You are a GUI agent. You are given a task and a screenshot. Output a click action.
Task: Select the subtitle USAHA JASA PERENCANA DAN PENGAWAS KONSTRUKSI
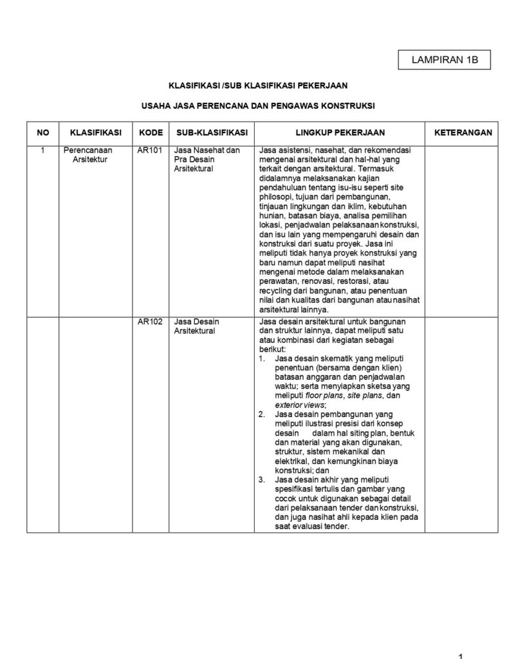click(x=258, y=104)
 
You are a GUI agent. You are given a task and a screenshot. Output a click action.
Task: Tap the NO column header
click(x=43, y=133)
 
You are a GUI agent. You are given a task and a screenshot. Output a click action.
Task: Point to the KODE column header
click(x=151, y=133)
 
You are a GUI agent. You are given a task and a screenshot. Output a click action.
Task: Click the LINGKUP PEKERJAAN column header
click(x=340, y=133)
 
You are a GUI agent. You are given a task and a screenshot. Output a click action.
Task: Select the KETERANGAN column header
click(x=463, y=133)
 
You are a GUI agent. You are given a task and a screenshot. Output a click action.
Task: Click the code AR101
click(x=149, y=151)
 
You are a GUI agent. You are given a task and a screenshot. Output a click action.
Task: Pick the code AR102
click(x=149, y=322)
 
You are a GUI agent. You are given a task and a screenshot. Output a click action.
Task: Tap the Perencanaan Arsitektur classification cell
click(x=89, y=155)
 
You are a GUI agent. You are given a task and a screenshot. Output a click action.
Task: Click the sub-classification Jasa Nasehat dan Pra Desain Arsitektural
click(x=207, y=160)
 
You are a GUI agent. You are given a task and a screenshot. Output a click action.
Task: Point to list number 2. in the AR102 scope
click(x=261, y=414)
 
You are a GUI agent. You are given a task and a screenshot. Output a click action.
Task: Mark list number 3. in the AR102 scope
click(x=261, y=479)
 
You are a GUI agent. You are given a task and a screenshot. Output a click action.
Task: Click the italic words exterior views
click(x=300, y=405)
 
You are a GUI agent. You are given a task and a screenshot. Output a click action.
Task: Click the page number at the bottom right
click(x=461, y=656)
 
